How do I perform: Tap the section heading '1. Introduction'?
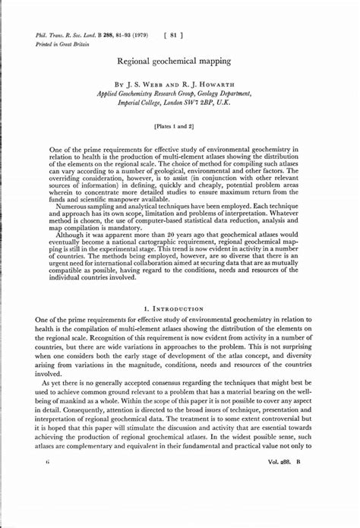point(179,309)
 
